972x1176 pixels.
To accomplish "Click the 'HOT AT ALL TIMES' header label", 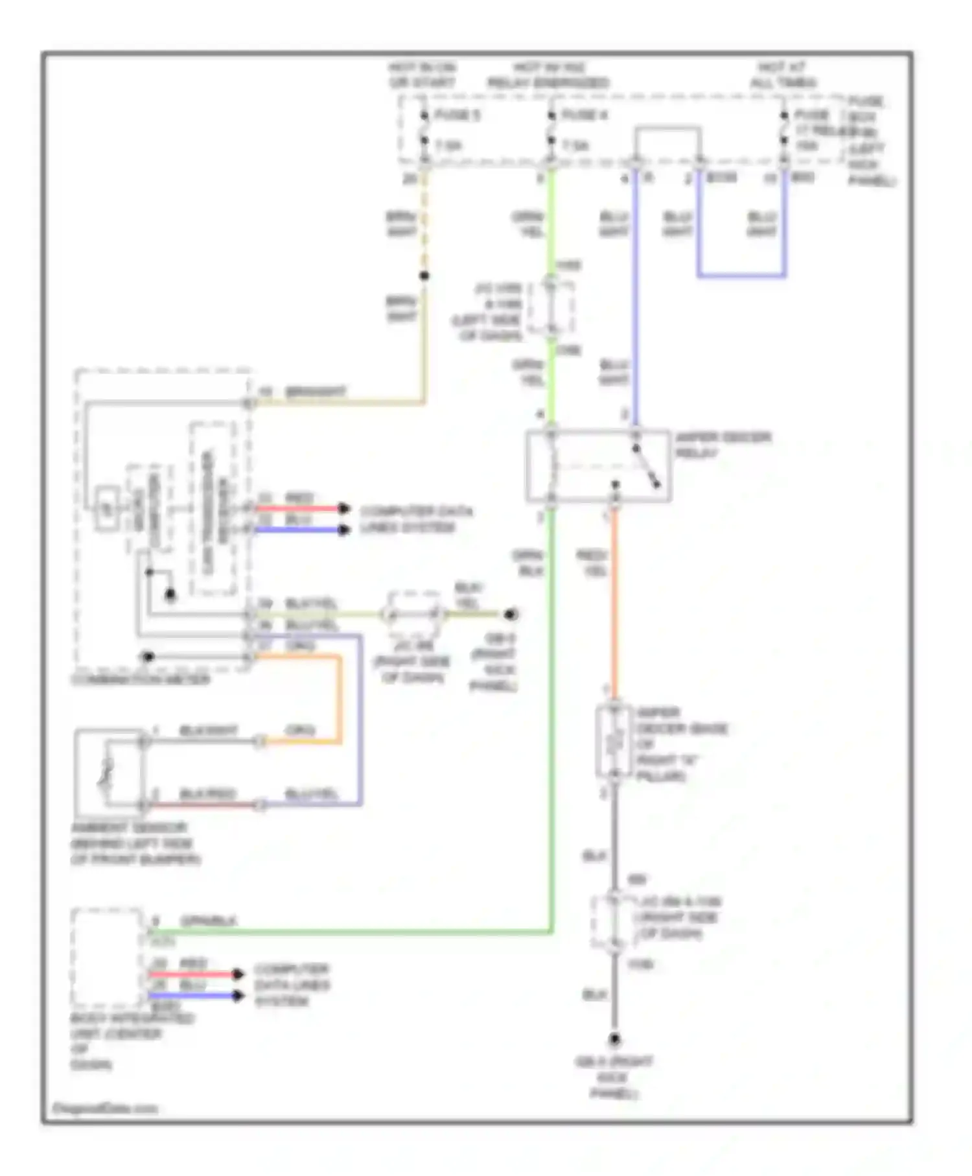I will pyautogui.click(x=783, y=75).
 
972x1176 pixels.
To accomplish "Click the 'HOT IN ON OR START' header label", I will pyautogui.click(x=422, y=75).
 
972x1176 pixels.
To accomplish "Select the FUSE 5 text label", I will pyautogui.click(x=457, y=115).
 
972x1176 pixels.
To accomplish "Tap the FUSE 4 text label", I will pyautogui.click(x=584, y=115).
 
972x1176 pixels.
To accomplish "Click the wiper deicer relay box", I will pyautogui.click(x=597, y=465).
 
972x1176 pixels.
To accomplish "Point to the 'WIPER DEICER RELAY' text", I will pyautogui.click(x=722, y=445).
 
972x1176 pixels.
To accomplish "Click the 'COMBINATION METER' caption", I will pyautogui.click(x=141, y=679).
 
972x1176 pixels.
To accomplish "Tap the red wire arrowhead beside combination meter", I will pyautogui.click(x=344, y=509).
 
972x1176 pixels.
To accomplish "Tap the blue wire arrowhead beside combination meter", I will pyautogui.click(x=344, y=530).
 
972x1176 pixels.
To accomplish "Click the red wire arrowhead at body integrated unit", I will pyautogui.click(x=238, y=974).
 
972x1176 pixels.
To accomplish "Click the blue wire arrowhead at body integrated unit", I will pyautogui.click(x=238, y=995).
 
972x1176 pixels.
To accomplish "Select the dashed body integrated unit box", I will pyautogui.click(x=108, y=957).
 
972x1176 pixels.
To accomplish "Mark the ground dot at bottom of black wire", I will pyautogui.click(x=614, y=1040).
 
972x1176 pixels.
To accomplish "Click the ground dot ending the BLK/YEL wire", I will pyautogui.click(x=511, y=613).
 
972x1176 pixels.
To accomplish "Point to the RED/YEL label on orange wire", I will pyautogui.click(x=592, y=563).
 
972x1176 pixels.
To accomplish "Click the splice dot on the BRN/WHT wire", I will pyautogui.click(x=424, y=276).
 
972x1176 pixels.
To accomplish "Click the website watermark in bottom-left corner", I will pyautogui.click(x=105, y=1109).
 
